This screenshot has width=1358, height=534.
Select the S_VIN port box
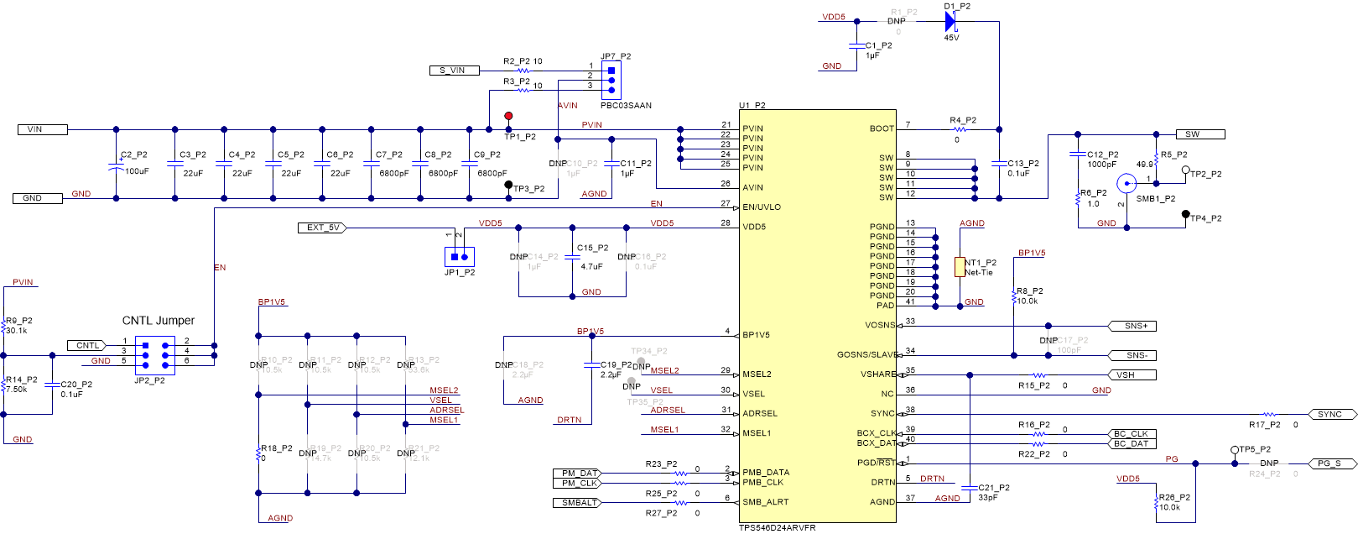click(x=454, y=71)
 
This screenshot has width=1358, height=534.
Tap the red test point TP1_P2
click(x=508, y=116)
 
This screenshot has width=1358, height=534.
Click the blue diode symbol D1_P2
click(x=950, y=22)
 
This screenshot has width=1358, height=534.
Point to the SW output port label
click(x=1199, y=134)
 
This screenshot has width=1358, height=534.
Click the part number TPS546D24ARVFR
click(x=777, y=527)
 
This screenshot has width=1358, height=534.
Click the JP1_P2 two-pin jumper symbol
click(x=459, y=256)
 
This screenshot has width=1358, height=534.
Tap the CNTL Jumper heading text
click(x=159, y=321)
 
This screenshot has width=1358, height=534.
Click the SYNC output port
click(x=1332, y=414)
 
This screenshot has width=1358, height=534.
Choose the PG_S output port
click(x=1332, y=463)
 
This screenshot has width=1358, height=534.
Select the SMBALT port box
click(x=576, y=503)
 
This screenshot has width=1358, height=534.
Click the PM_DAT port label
click(x=577, y=474)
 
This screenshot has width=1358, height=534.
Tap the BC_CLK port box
click(x=1131, y=434)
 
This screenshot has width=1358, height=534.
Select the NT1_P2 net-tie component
click(x=960, y=267)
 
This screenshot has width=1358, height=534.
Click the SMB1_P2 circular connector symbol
click(x=1126, y=183)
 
